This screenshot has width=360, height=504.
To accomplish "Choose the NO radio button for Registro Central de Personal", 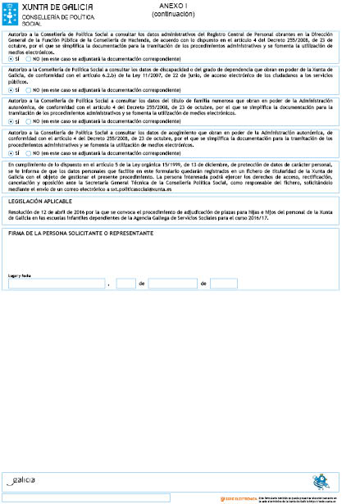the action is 29,59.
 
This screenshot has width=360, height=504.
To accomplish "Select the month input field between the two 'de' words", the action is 171,283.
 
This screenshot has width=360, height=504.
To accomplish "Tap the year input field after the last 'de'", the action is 223,283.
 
